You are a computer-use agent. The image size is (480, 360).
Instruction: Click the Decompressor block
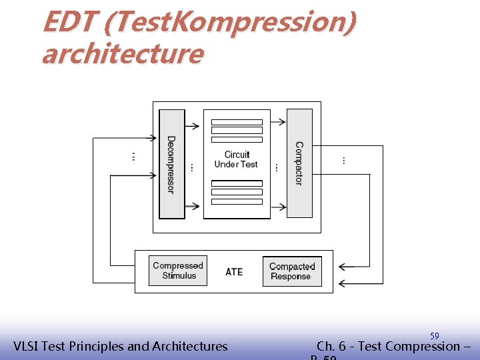tap(171, 164)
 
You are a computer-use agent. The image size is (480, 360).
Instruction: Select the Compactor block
tap(299, 163)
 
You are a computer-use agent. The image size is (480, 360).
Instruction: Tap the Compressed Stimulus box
tap(178, 271)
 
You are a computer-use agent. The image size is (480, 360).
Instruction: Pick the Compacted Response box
tap(292, 271)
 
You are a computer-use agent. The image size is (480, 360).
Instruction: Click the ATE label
tap(234, 272)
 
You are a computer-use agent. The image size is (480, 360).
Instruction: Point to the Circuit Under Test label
tap(236, 159)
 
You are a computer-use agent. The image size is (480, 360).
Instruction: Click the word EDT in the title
tap(69, 23)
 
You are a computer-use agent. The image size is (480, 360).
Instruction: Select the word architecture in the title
tap(122, 53)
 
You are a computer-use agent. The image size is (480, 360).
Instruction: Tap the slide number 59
tap(434, 336)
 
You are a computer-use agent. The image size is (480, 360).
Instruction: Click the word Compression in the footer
tap(422, 346)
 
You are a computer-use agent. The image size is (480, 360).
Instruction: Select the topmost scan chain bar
tap(237, 123)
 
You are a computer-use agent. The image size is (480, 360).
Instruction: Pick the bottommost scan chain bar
tap(237, 201)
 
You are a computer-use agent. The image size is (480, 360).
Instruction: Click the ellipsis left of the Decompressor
tap(133, 157)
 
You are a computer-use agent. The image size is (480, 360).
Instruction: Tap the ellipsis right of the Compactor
tap(343, 160)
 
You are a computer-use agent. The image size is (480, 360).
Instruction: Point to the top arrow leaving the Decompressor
tap(193, 125)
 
